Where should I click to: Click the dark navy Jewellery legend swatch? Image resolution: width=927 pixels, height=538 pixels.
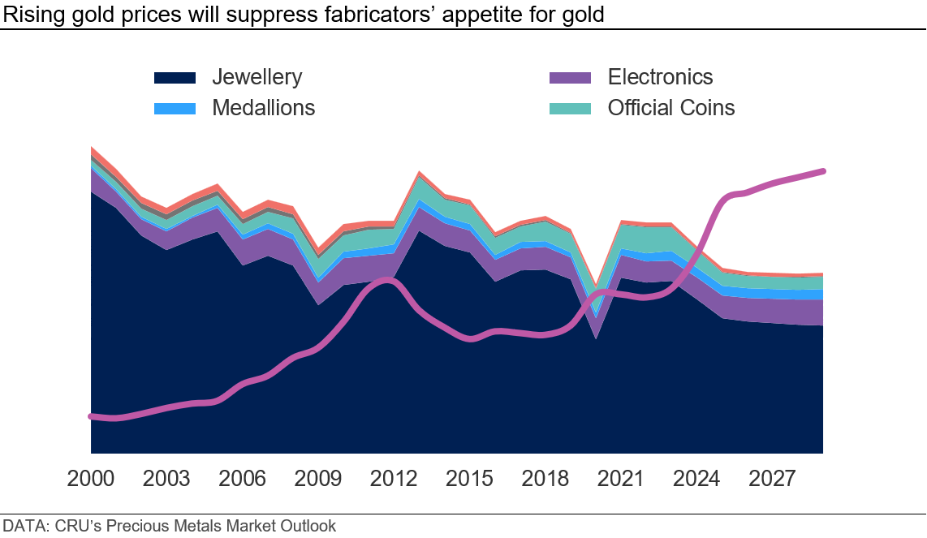pos(175,78)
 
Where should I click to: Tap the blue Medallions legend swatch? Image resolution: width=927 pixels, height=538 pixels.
pos(175,108)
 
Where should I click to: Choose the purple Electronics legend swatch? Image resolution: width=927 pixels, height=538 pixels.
pos(571,78)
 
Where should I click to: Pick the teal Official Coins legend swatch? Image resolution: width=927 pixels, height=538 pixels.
pos(571,108)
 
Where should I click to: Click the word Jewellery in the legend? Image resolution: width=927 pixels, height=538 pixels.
pos(257,78)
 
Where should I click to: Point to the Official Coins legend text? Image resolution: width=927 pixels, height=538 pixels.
pos(671,108)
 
